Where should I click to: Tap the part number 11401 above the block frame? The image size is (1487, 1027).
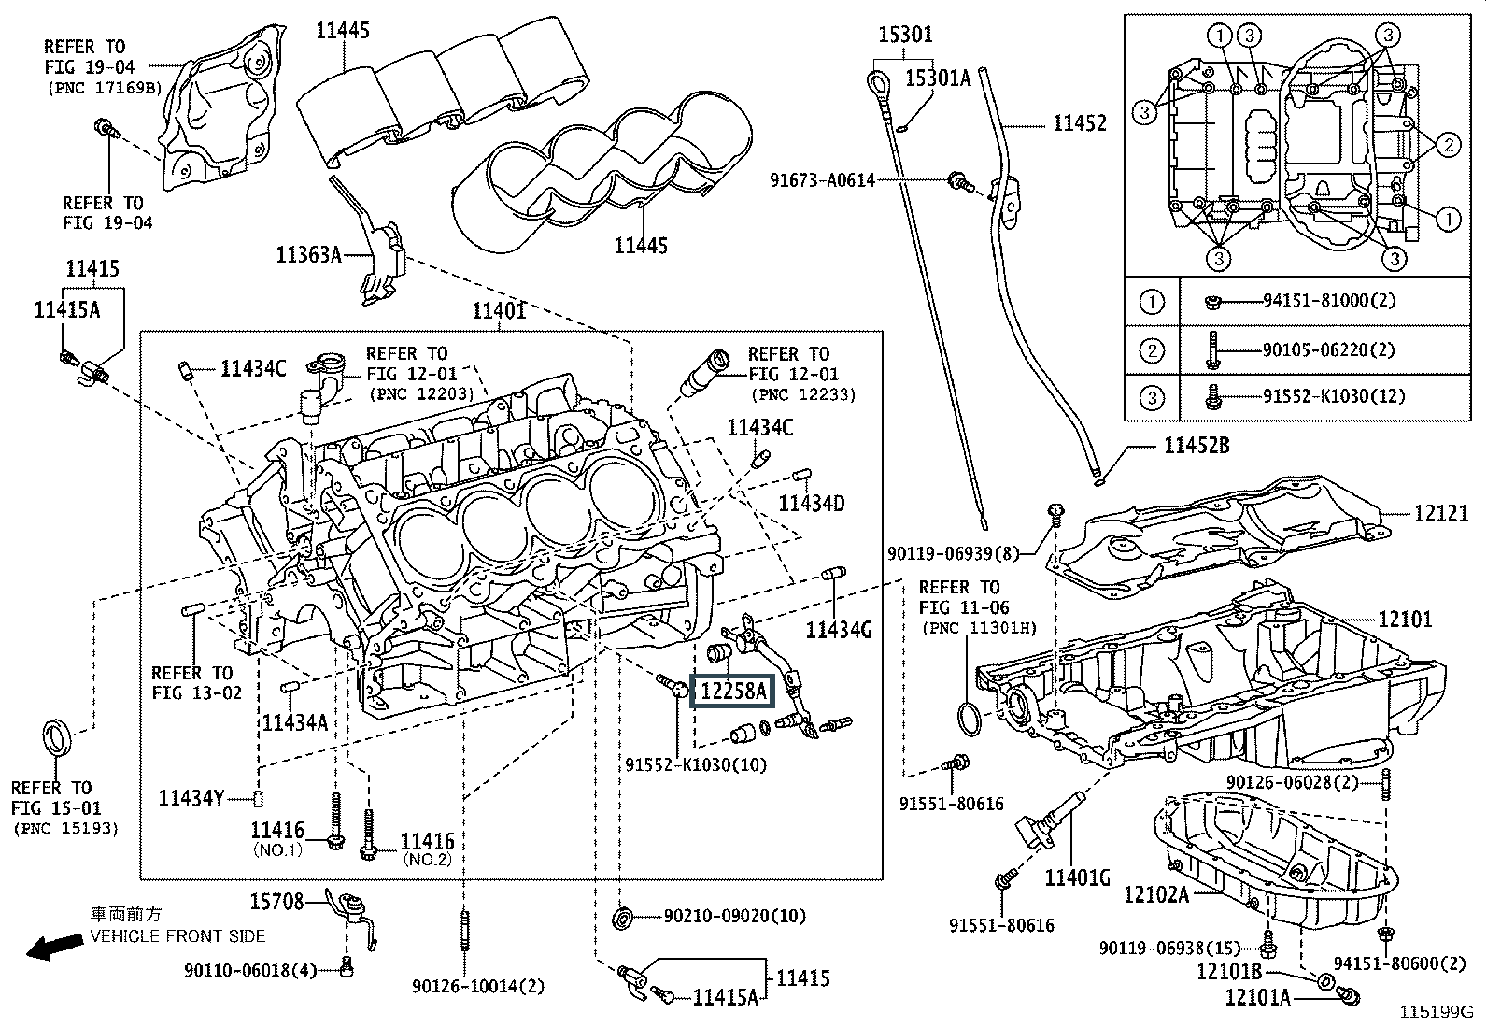tap(498, 310)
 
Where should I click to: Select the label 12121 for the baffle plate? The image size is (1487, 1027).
tap(1440, 514)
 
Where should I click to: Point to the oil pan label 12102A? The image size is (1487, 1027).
tap(1155, 895)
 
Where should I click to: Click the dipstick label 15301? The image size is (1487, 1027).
tap(905, 36)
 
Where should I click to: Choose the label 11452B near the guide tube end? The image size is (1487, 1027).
tap(1196, 446)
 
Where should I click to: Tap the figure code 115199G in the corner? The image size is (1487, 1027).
tap(1435, 1011)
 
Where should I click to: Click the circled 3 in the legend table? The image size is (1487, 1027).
tap(1153, 397)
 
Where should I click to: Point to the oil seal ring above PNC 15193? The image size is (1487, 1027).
tap(58, 735)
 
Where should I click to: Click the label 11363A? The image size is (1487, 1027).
tap(308, 253)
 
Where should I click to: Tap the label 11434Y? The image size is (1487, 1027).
tap(191, 798)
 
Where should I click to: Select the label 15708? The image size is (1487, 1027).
tap(276, 902)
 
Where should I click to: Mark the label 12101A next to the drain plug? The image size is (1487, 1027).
tap(1257, 998)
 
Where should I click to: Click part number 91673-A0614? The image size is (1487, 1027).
tap(823, 179)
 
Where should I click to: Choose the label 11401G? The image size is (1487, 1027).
tap(1077, 877)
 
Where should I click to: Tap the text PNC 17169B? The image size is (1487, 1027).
tap(105, 88)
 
